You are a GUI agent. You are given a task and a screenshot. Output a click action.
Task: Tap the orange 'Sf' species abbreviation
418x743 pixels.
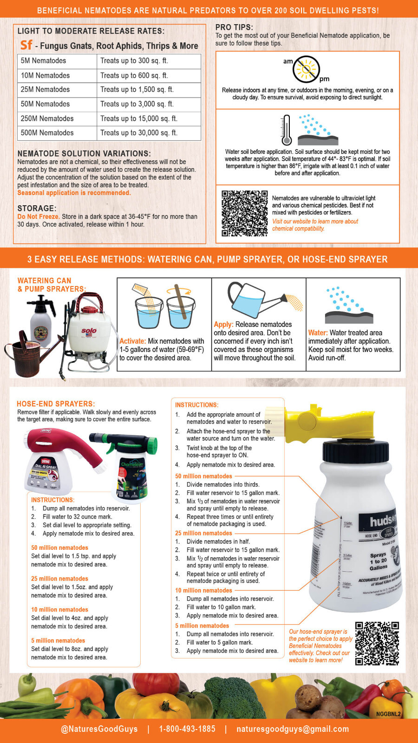click(26, 45)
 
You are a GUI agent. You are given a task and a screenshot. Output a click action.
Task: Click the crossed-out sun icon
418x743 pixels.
click(306, 69)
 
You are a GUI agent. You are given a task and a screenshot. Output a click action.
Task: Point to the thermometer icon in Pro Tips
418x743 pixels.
click(287, 130)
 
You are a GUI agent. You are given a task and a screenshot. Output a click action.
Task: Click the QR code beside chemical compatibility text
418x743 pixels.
click(244, 213)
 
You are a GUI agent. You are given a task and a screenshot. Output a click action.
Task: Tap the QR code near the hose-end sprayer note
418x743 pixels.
click(377, 644)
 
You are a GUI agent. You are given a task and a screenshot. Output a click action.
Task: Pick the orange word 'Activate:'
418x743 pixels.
click(132, 341)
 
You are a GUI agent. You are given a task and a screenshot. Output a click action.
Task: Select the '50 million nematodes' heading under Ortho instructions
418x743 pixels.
click(59, 548)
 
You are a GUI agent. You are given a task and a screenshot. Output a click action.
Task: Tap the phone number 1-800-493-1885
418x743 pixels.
click(187, 729)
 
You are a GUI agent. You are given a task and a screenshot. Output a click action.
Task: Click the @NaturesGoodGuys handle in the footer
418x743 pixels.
click(99, 729)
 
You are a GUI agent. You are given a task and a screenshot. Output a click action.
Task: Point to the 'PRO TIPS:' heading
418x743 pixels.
click(234, 27)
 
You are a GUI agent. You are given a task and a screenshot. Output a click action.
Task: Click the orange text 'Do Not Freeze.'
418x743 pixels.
click(38, 216)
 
